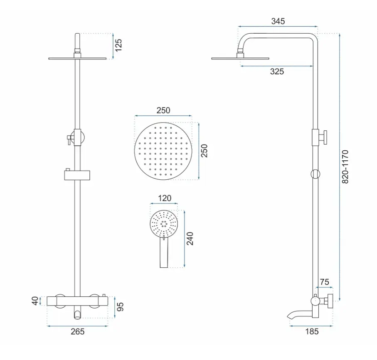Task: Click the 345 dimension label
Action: pyautogui.click(x=278, y=21)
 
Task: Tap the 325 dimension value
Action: pyautogui.click(x=277, y=71)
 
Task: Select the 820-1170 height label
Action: pyautogui.click(x=345, y=167)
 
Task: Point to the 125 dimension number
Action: pyautogui.click(x=118, y=45)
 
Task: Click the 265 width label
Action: pyautogui.click(x=78, y=331)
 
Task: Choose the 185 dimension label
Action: pyautogui.click(x=312, y=331)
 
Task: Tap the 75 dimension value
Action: pyautogui.click(x=325, y=282)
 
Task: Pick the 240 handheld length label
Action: pyautogui.click(x=190, y=238)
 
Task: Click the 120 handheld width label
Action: pyautogui.click(x=165, y=198)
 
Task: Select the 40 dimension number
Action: pyautogui.click(x=35, y=301)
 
